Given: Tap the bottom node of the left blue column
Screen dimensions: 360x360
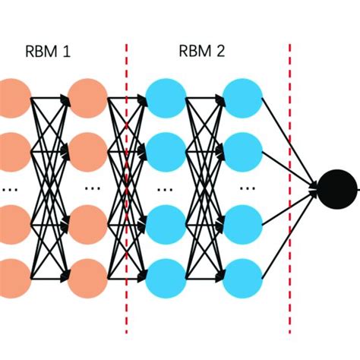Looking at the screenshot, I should (x=165, y=278).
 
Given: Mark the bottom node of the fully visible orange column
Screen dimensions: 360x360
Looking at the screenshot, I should (x=87, y=278).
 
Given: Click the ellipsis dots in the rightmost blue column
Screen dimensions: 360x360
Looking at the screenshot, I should (x=245, y=186).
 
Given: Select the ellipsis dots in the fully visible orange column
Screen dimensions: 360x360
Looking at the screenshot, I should (x=92, y=186).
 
